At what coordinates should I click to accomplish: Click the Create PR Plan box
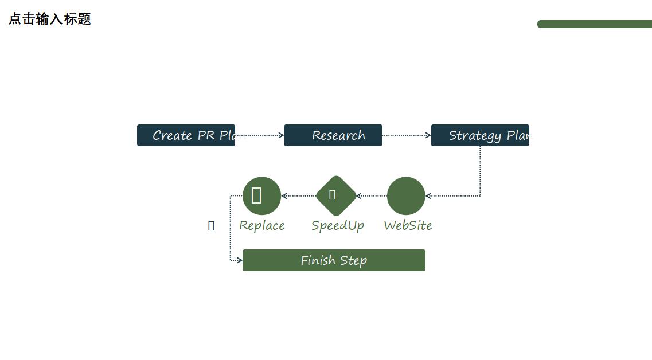click(x=186, y=135)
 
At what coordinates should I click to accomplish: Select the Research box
click(x=333, y=135)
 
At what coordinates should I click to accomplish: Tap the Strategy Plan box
click(x=480, y=135)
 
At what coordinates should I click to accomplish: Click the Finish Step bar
click(x=334, y=260)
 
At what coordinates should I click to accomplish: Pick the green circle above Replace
click(x=261, y=195)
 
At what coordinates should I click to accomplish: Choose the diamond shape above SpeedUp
click(x=336, y=195)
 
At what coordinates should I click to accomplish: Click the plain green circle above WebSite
click(x=406, y=195)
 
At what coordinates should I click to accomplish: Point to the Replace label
click(x=261, y=225)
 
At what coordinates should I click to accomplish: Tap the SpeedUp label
click(x=338, y=225)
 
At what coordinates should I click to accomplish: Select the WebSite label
click(x=408, y=225)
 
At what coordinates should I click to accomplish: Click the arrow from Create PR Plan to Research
click(x=259, y=135)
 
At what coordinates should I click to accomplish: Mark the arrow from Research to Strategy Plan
click(x=406, y=135)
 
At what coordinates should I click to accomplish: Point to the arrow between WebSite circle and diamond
click(x=372, y=196)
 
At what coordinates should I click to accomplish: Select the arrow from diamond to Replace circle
click(x=298, y=196)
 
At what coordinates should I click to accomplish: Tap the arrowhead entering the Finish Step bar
click(x=239, y=260)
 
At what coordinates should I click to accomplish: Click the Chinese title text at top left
click(x=50, y=19)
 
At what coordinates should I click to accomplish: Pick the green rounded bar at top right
click(x=594, y=24)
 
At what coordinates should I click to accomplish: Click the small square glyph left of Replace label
click(x=211, y=226)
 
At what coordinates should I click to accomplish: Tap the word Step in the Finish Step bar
click(x=353, y=261)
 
